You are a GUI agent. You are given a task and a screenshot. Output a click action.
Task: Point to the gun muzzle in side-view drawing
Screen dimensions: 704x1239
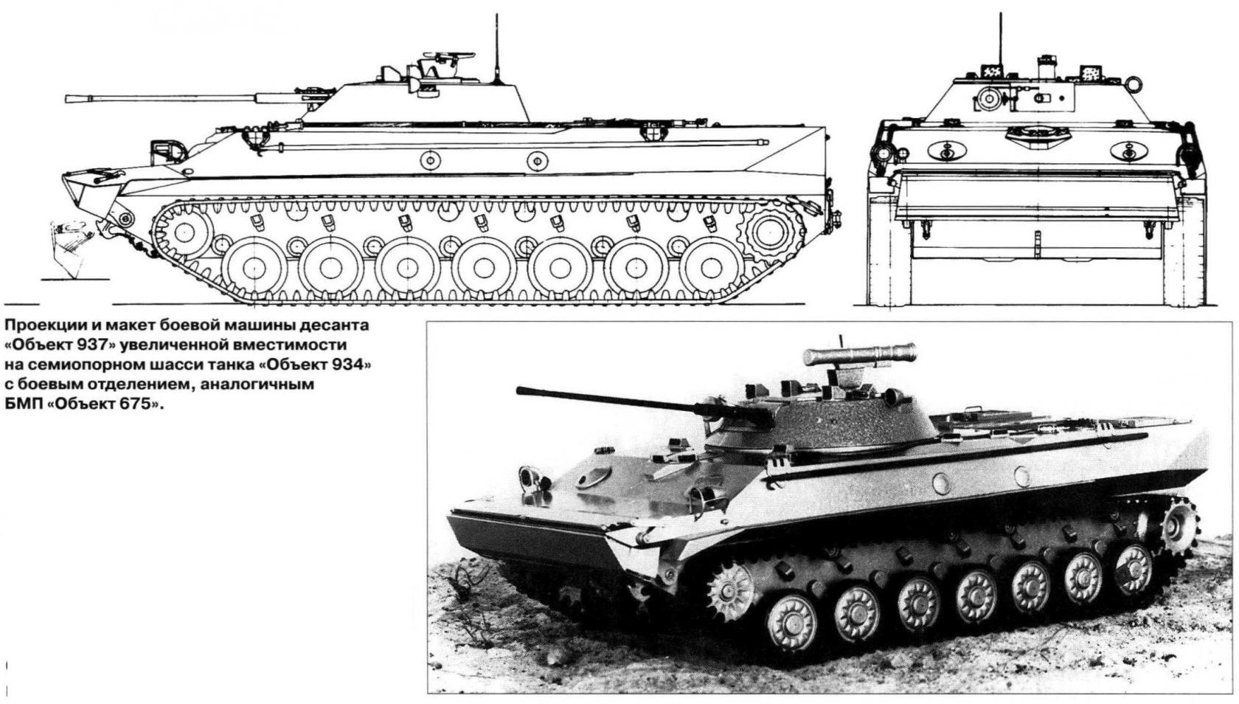click(x=68, y=97)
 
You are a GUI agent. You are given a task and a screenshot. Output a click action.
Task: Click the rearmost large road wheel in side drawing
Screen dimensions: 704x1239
click(x=711, y=266)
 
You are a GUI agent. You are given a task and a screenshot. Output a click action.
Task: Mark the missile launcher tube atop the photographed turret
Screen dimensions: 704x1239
click(x=860, y=354)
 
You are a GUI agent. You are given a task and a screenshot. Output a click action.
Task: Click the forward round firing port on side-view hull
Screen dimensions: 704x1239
click(x=430, y=159)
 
